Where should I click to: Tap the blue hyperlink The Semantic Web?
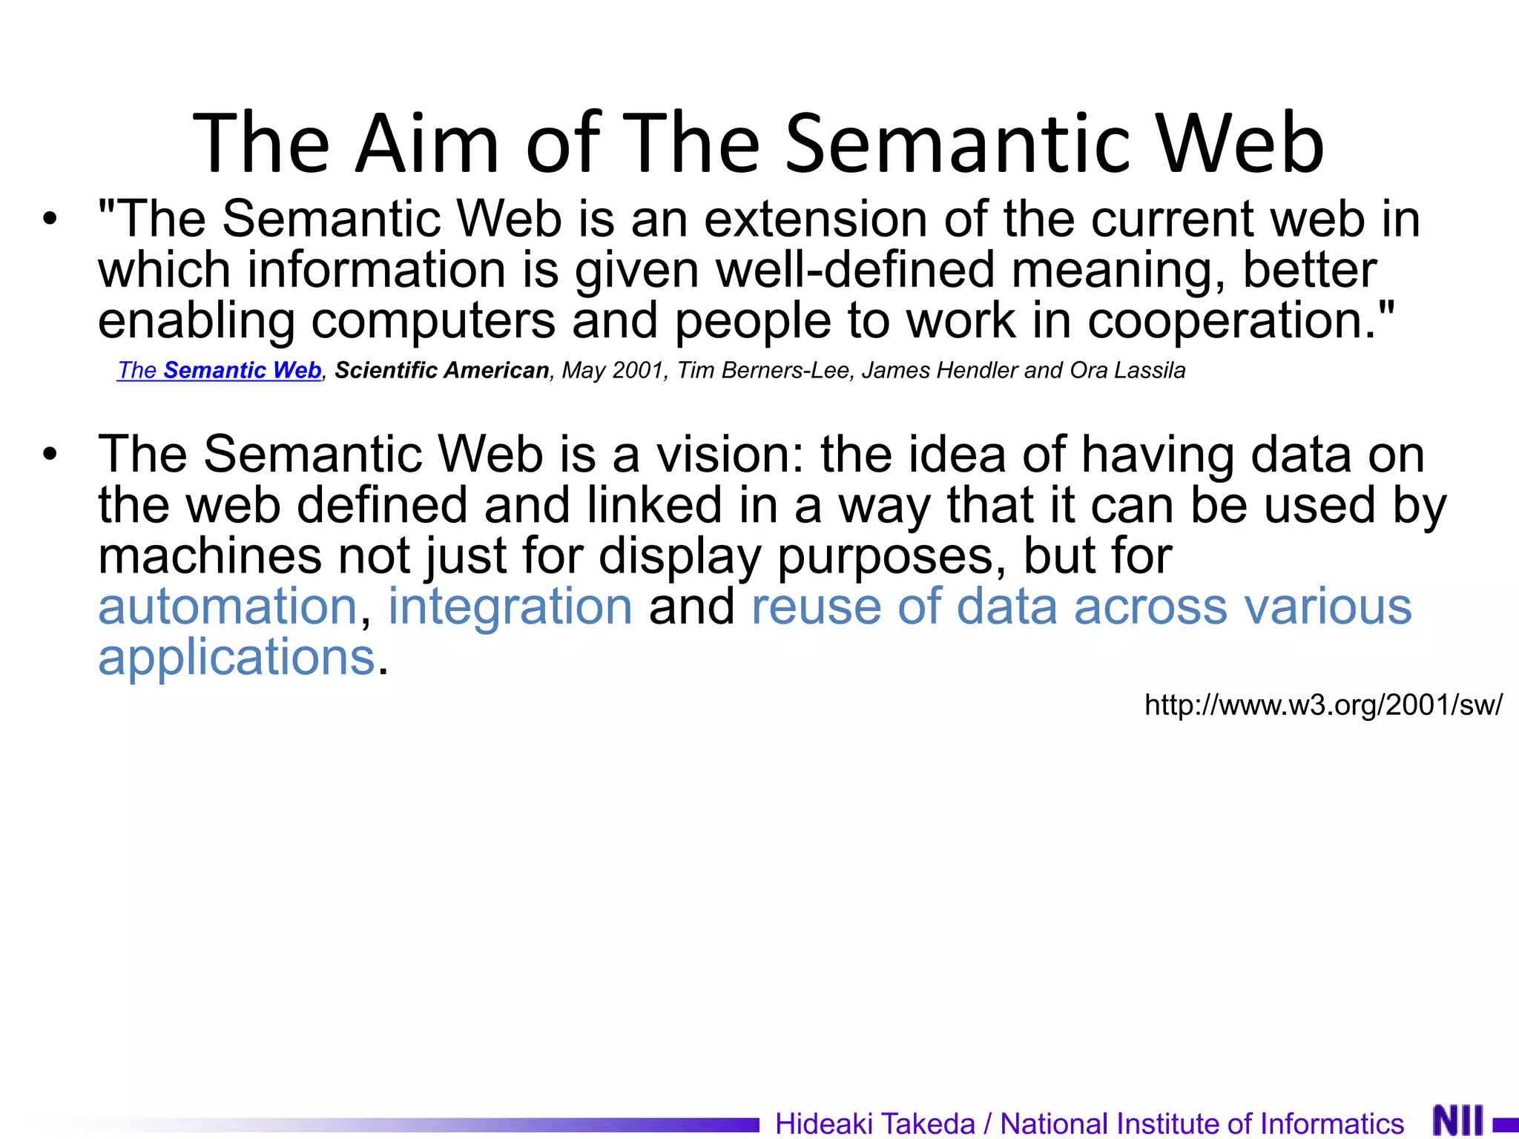click(x=220, y=370)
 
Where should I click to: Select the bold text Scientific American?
click(x=442, y=370)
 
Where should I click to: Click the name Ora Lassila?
click(x=1127, y=370)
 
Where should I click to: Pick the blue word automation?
click(x=228, y=607)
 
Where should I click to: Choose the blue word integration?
click(x=510, y=607)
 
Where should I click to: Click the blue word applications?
click(x=237, y=657)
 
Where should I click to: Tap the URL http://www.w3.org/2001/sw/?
click(x=1323, y=704)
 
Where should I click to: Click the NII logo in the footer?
click(x=1458, y=1120)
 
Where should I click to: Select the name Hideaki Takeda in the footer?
click(x=875, y=1123)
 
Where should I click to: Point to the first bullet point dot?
click(x=50, y=219)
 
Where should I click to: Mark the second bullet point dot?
click(x=50, y=455)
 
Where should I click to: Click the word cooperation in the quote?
click(x=1231, y=320)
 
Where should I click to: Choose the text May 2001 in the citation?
click(x=613, y=370)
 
